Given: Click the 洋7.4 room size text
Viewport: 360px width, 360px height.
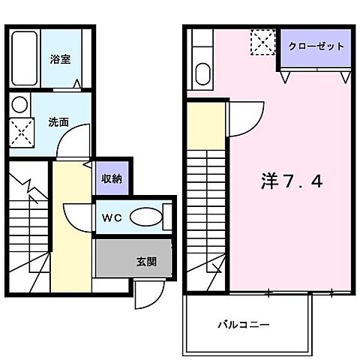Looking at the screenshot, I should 292,181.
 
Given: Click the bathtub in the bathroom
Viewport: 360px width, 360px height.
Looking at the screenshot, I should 25,60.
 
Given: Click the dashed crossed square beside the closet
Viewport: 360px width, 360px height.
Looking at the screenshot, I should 263,42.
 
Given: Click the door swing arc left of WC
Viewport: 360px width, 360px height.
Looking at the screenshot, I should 77,217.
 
